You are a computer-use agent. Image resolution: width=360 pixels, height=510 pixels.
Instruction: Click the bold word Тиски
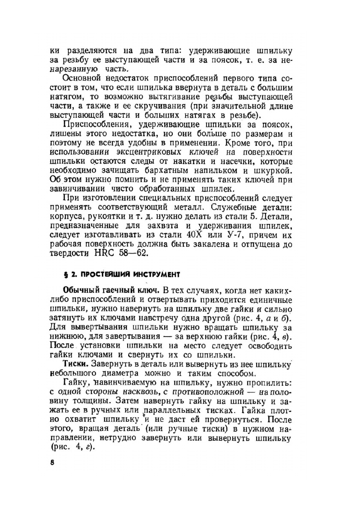pyautogui.click(x=75, y=363)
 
